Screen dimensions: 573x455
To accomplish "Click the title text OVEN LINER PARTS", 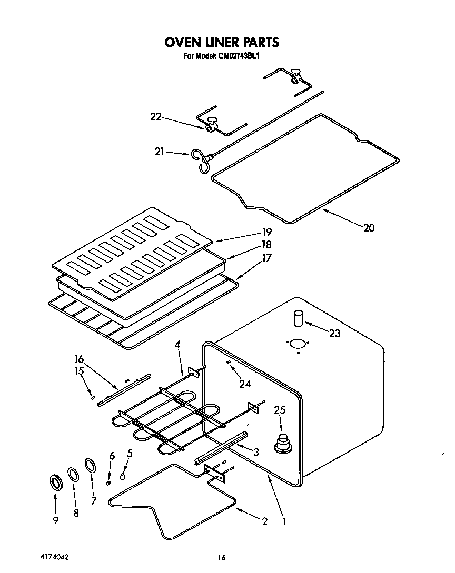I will click(221, 42).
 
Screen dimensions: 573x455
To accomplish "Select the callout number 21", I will click(160, 153).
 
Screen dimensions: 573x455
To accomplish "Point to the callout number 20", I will click(369, 228).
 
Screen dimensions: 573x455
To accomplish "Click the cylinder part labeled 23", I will click(299, 319).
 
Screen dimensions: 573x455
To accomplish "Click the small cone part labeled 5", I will click(122, 476).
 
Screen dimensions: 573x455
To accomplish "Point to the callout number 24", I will click(244, 384).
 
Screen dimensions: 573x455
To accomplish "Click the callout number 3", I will click(256, 451).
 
